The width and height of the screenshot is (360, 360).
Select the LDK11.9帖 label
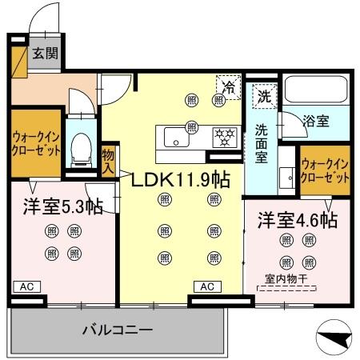click(181, 179)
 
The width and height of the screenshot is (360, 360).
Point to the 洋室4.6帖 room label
click(296, 218)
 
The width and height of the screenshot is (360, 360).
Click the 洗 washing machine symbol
click(263, 96)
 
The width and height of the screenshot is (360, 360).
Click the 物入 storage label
click(109, 160)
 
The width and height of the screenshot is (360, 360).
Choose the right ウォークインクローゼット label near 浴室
click(324, 170)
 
